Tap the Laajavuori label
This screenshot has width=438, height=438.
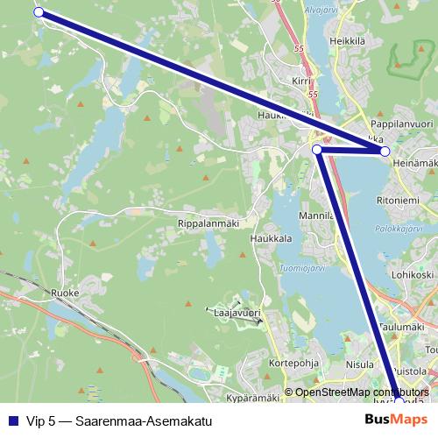[238, 311]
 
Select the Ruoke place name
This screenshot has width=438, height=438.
[66, 293]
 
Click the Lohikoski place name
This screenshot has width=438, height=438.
[413, 274]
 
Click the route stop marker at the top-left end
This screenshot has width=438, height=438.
[39, 11]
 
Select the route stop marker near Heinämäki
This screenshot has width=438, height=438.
[385, 152]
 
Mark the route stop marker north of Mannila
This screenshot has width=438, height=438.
[317, 150]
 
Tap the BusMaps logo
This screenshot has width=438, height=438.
[396, 420]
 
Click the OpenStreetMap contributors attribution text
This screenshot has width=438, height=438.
[359, 392]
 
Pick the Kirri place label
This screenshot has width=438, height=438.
[302, 80]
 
